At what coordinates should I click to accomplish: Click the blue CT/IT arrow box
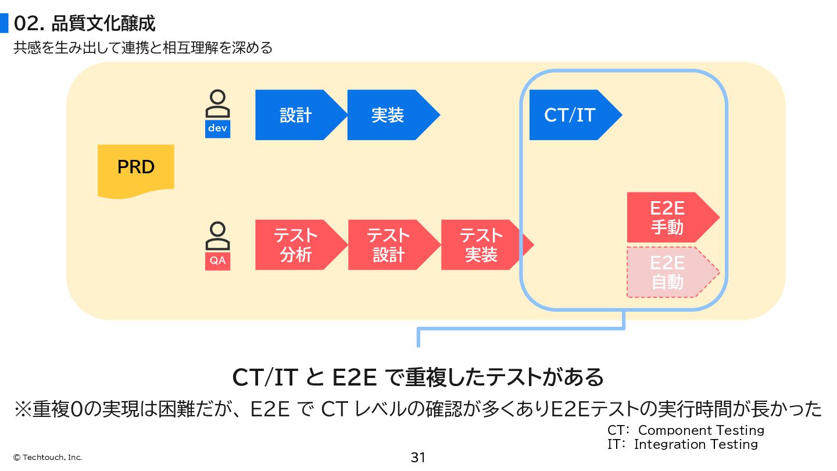[x=570, y=115]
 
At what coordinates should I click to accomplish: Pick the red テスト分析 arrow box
[x=296, y=245]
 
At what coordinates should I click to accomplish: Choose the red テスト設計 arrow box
[x=389, y=245]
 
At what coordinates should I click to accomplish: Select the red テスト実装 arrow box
[x=482, y=245]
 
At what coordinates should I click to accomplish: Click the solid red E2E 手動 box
[x=667, y=217]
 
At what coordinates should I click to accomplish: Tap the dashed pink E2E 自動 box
[x=667, y=272]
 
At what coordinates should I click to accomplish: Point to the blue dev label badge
[x=218, y=129]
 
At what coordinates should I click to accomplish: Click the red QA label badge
[x=218, y=261]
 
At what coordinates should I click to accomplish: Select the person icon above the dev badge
[x=218, y=104]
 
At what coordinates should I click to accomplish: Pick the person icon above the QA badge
[x=218, y=236]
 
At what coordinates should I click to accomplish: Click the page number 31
[x=418, y=458]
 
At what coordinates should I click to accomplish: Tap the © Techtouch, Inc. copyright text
[x=48, y=458]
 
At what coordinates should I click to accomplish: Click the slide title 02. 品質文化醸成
[x=85, y=24]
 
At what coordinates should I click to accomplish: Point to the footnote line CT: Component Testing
[x=686, y=430]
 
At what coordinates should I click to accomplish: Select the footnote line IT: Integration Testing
[x=683, y=444]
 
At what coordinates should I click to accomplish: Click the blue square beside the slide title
[x=4, y=23]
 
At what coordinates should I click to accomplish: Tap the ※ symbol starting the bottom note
[x=23, y=409]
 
